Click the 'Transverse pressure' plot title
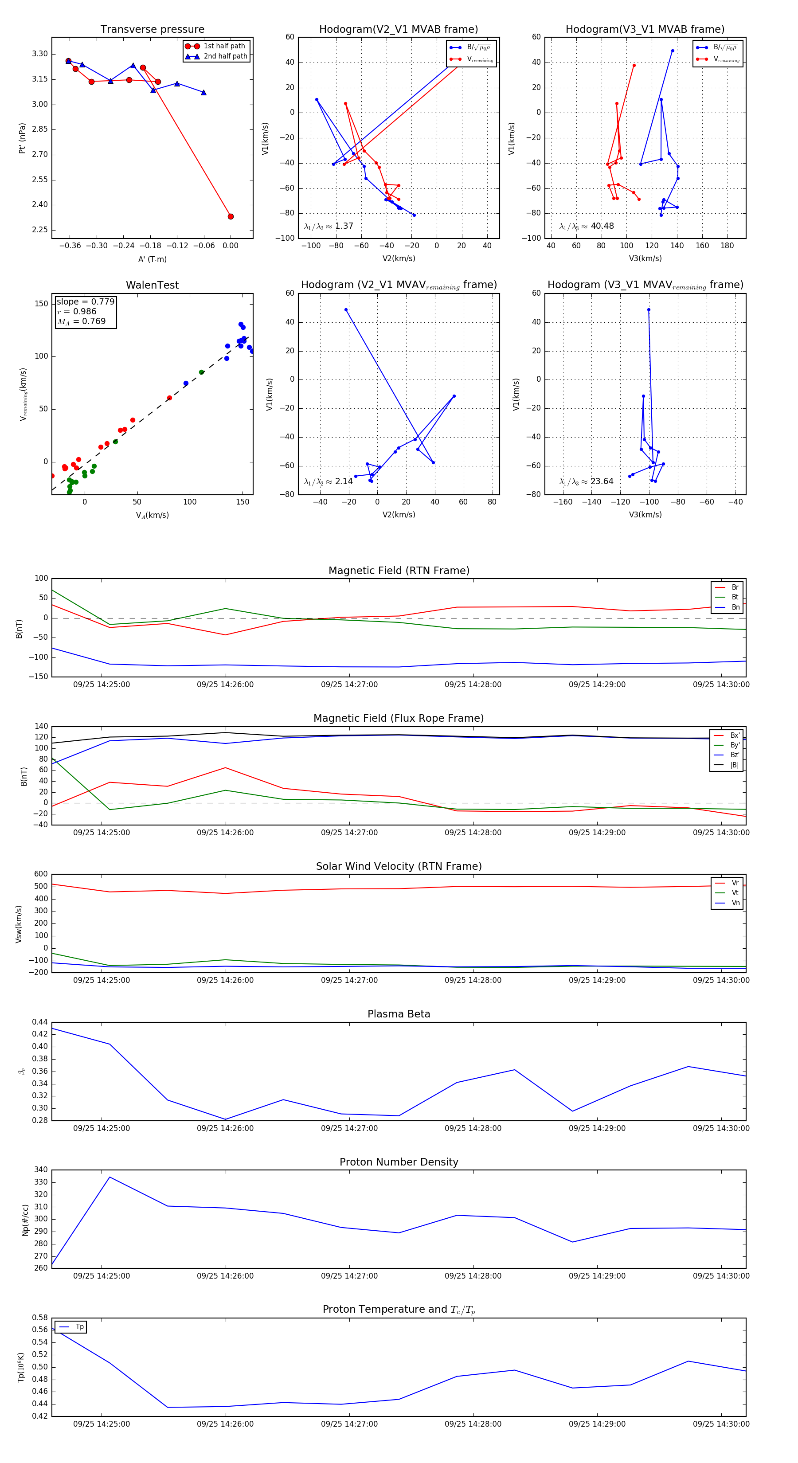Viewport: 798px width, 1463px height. pyautogui.click(x=152, y=30)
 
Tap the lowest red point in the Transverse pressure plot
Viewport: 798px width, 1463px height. pyautogui.click(x=231, y=216)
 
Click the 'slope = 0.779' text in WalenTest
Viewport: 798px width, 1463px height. pyautogui.click(x=85, y=301)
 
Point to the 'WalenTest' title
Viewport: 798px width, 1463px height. pyautogui.click(x=152, y=285)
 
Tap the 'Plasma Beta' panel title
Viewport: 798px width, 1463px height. pyautogui.click(x=399, y=1014)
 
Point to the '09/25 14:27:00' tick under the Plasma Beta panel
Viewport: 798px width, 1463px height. pyautogui.click(x=349, y=1128)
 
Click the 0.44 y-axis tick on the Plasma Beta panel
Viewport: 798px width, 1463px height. pyautogui.click(x=40, y=1022)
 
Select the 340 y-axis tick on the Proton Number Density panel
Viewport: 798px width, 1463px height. pyautogui.click(x=41, y=1170)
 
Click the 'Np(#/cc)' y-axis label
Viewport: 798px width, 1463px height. pyautogui.click(x=25, y=1219)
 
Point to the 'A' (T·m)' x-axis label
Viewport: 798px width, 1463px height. pyautogui.click(x=152, y=259)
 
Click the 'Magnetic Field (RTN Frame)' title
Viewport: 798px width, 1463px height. pyautogui.click(x=399, y=571)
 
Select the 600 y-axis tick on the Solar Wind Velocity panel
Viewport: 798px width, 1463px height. pyautogui.click(x=41, y=874)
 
